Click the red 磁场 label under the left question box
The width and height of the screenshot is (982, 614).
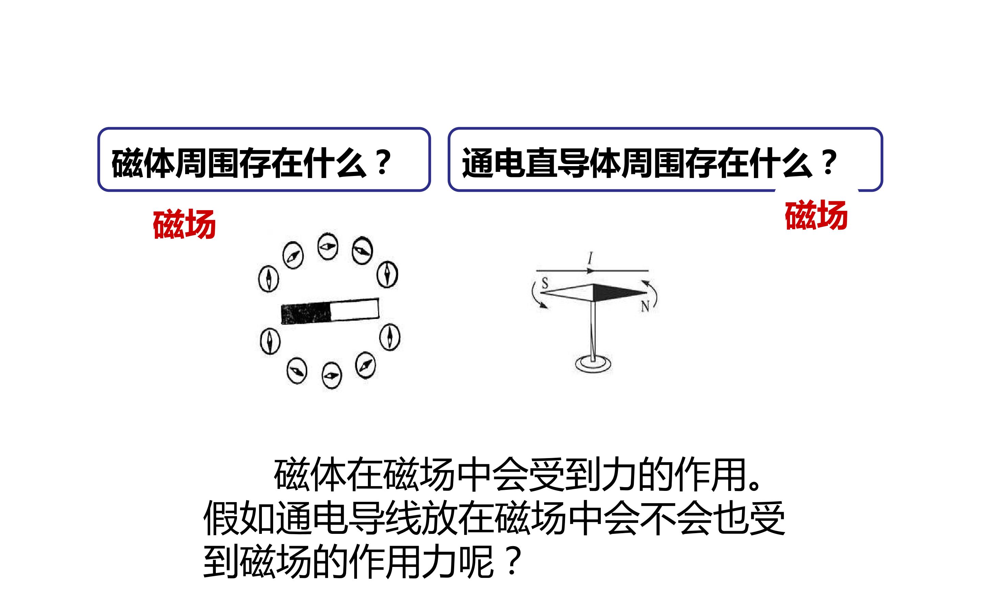tap(184, 224)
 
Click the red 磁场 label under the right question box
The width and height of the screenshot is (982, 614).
tap(816, 215)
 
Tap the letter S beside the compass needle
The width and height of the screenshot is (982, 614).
tap(545, 283)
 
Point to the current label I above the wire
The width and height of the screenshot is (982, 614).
tap(591, 258)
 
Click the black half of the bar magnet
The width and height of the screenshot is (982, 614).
tap(306, 313)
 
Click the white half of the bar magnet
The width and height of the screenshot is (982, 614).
tap(355, 309)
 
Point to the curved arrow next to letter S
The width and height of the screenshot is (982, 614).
tap(536, 296)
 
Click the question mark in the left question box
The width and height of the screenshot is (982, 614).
tap(383, 162)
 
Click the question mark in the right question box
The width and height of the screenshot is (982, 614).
tap(829, 162)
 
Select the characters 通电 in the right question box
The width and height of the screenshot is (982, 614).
tap(494, 163)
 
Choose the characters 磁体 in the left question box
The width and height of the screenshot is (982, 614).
tap(144, 163)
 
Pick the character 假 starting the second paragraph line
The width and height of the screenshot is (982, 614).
tap(221, 518)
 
